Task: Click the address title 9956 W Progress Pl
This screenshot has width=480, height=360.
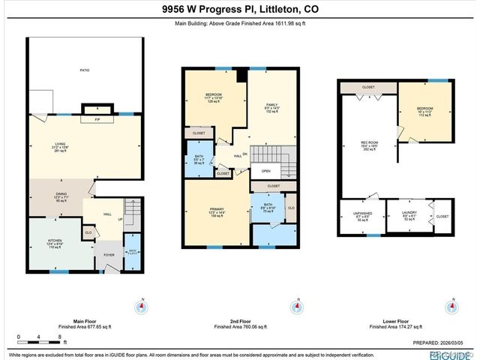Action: pyautogui.click(x=239, y=10)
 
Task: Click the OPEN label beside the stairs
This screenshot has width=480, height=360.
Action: pyautogui.click(x=265, y=170)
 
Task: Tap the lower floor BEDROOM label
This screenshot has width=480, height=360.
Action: pyautogui.click(x=425, y=109)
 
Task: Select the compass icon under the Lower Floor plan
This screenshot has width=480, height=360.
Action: pyautogui.click(x=451, y=307)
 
